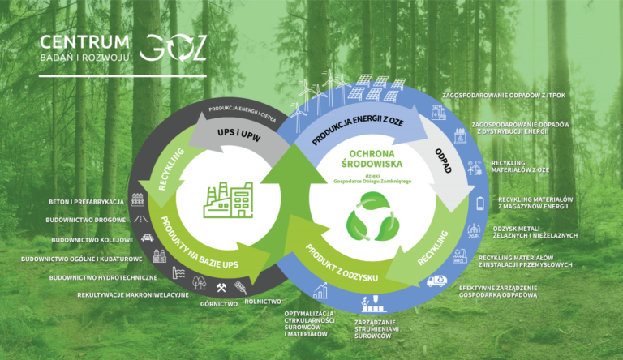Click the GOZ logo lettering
173,49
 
